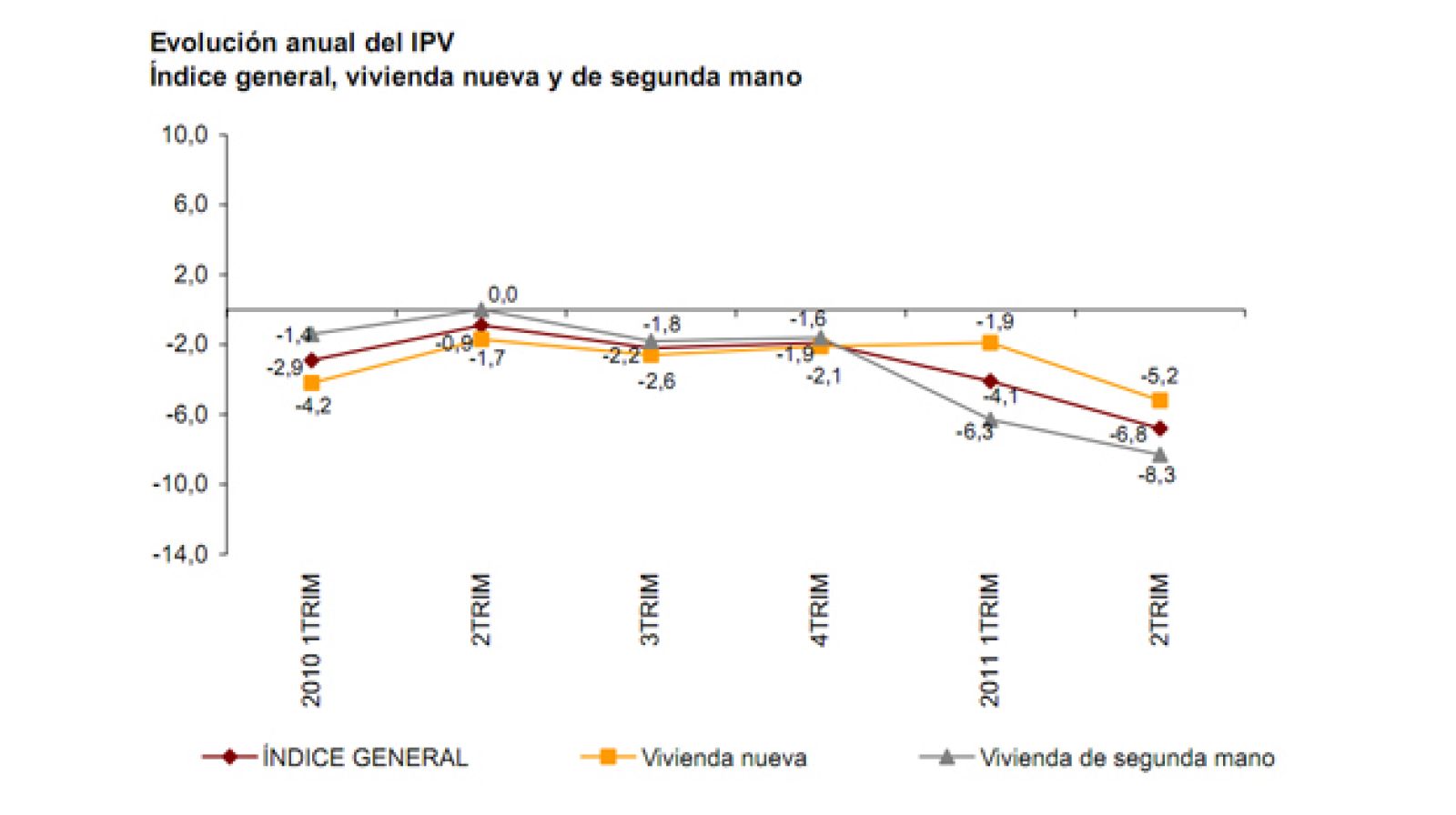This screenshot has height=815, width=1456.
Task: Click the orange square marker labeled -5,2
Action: click(x=1159, y=401)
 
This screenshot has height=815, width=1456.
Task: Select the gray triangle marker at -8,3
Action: click(x=1159, y=454)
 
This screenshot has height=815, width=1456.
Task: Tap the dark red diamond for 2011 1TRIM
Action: click(x=990, y=381)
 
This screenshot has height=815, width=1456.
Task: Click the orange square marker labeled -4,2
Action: click(x=312, y=383)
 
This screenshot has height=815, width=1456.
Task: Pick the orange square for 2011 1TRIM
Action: click(x=990, y=343)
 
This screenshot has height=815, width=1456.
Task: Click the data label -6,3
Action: click(x=974, y=433)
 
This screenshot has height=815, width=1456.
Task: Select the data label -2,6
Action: click(x=656, y=381)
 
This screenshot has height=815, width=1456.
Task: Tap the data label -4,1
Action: click(x=1000, y=397)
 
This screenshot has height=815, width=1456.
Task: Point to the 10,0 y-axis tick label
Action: click(x=185, y=136)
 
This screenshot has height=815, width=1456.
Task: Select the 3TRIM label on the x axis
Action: click(x=651, y=609)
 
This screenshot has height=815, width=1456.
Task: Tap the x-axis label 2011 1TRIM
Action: click(x=990, y=640)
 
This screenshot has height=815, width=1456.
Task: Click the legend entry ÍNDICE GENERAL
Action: click(x=364, y=758)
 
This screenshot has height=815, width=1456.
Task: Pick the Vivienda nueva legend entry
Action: click(x=723, y=758)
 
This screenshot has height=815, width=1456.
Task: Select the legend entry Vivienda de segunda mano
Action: click(x=1127, y=758)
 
